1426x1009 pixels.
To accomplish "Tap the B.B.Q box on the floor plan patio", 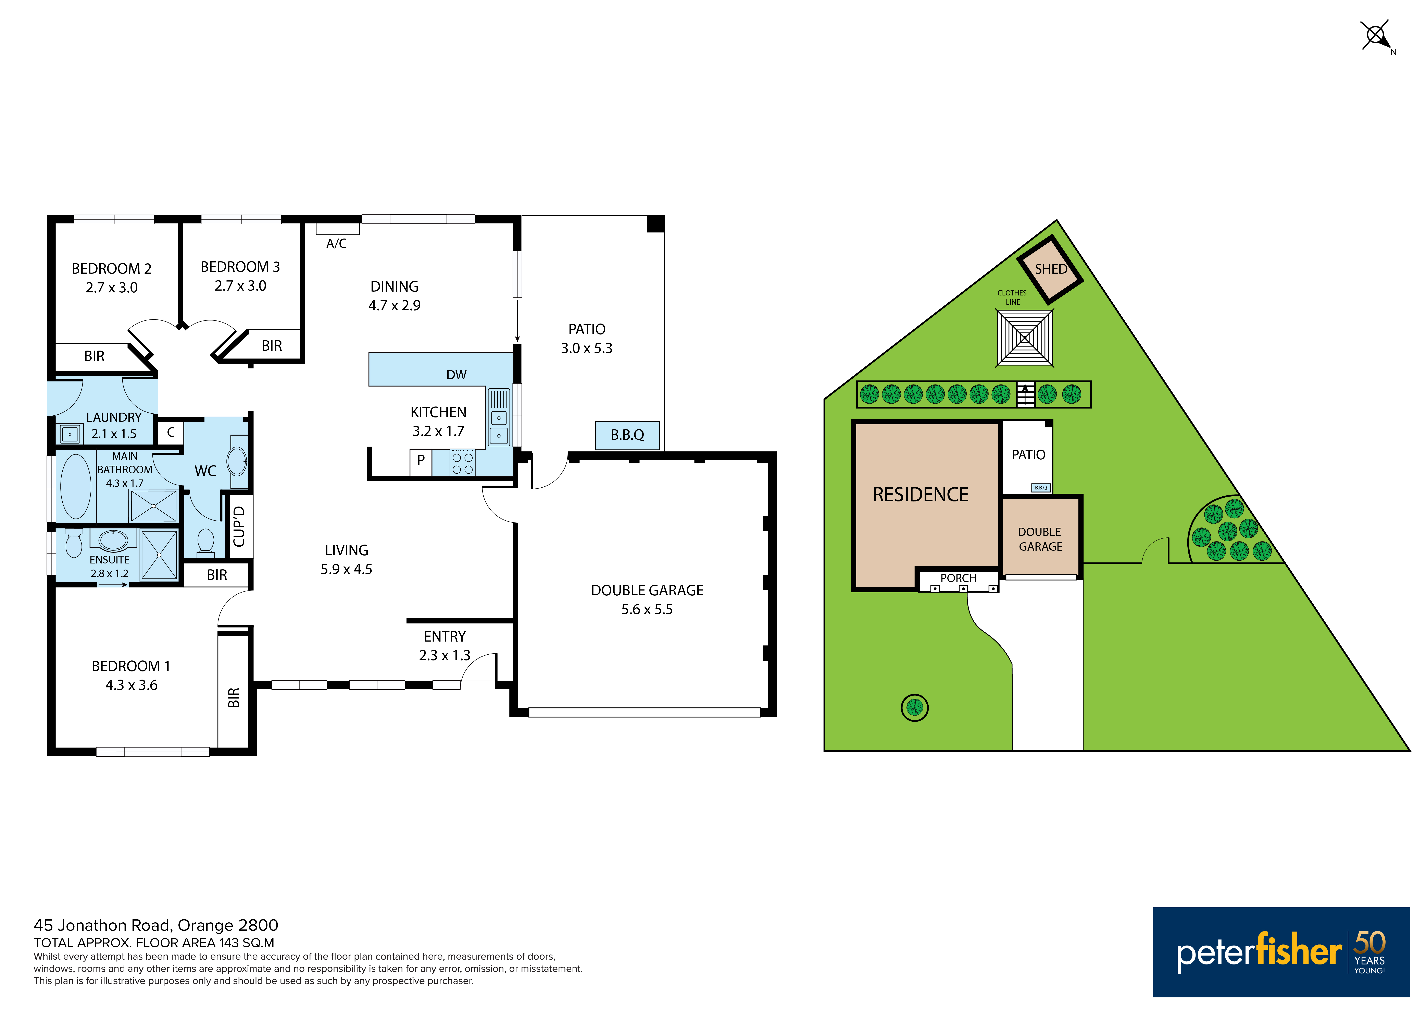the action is (x=627, y=435).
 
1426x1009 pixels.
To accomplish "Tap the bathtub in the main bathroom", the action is (x=76, y=486).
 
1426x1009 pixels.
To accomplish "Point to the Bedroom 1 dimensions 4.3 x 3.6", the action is (x=131, y=685).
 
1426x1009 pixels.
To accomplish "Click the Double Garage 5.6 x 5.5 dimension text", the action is (x=647, y=609).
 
